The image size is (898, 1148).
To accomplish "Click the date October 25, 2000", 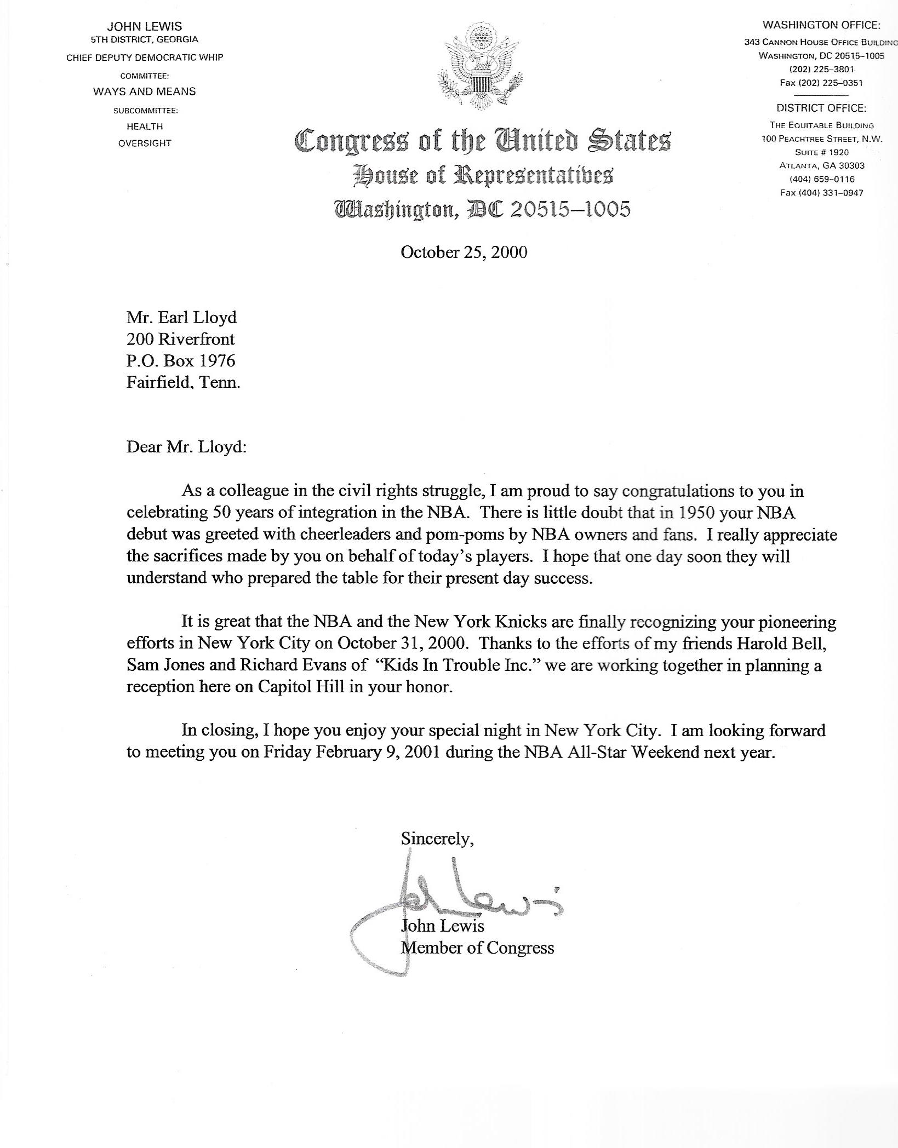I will pos(464,252).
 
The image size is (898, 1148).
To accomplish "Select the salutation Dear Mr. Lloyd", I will pos(187,447).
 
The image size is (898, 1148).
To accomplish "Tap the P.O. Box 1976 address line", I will pos(181,360).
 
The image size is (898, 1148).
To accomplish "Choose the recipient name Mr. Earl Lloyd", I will pos(181,317).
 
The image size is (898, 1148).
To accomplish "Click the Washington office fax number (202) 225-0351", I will pos(821,83).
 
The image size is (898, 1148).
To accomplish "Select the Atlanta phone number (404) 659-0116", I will pos(821,179).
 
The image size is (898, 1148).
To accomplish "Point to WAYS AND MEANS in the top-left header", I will pos(144,91).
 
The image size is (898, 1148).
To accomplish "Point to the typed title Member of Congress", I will pos(477,948).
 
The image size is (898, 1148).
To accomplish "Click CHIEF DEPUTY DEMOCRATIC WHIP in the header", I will pos(145,58).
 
